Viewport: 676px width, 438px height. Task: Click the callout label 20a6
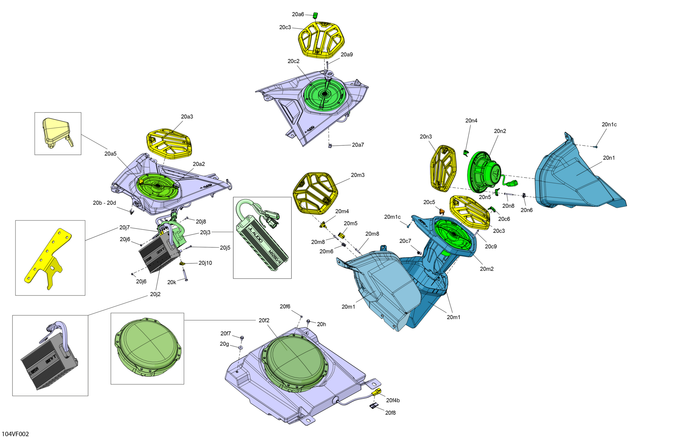[298, 14]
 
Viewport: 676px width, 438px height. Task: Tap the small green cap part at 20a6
[315, 15]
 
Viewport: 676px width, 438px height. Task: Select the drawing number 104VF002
[15, 434]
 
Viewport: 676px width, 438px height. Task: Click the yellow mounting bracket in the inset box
[48, 258]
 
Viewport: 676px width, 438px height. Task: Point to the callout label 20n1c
[609, 124]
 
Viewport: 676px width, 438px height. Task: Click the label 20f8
[390, 413]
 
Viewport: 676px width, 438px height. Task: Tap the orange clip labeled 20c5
[442, 211]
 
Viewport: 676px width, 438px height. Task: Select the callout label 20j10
[205, 263]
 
